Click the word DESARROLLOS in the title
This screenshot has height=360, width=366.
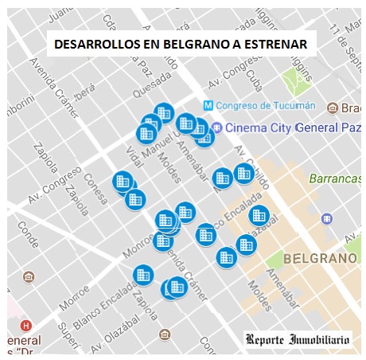pyautogui.click(x=88, y=45)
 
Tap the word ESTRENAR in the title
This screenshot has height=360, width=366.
pyautogui.click(x=273, y=45)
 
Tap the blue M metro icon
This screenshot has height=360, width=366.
pyautogui.click(x=208, y=106)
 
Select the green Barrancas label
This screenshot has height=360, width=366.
pyautogui.click(x=333, y=178)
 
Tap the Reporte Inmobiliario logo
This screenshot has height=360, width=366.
pyautogui.click(x=298, y=340)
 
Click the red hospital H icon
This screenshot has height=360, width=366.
pyautogui.click(x=26, y=326)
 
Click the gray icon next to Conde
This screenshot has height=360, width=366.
pyautogui.click(x=29, y=277)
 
